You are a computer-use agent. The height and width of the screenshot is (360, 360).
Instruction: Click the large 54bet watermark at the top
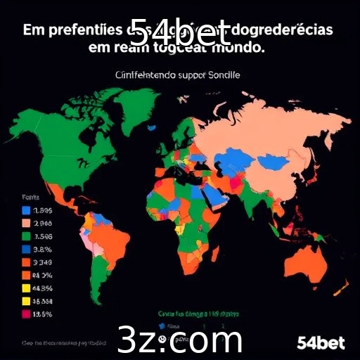180,31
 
